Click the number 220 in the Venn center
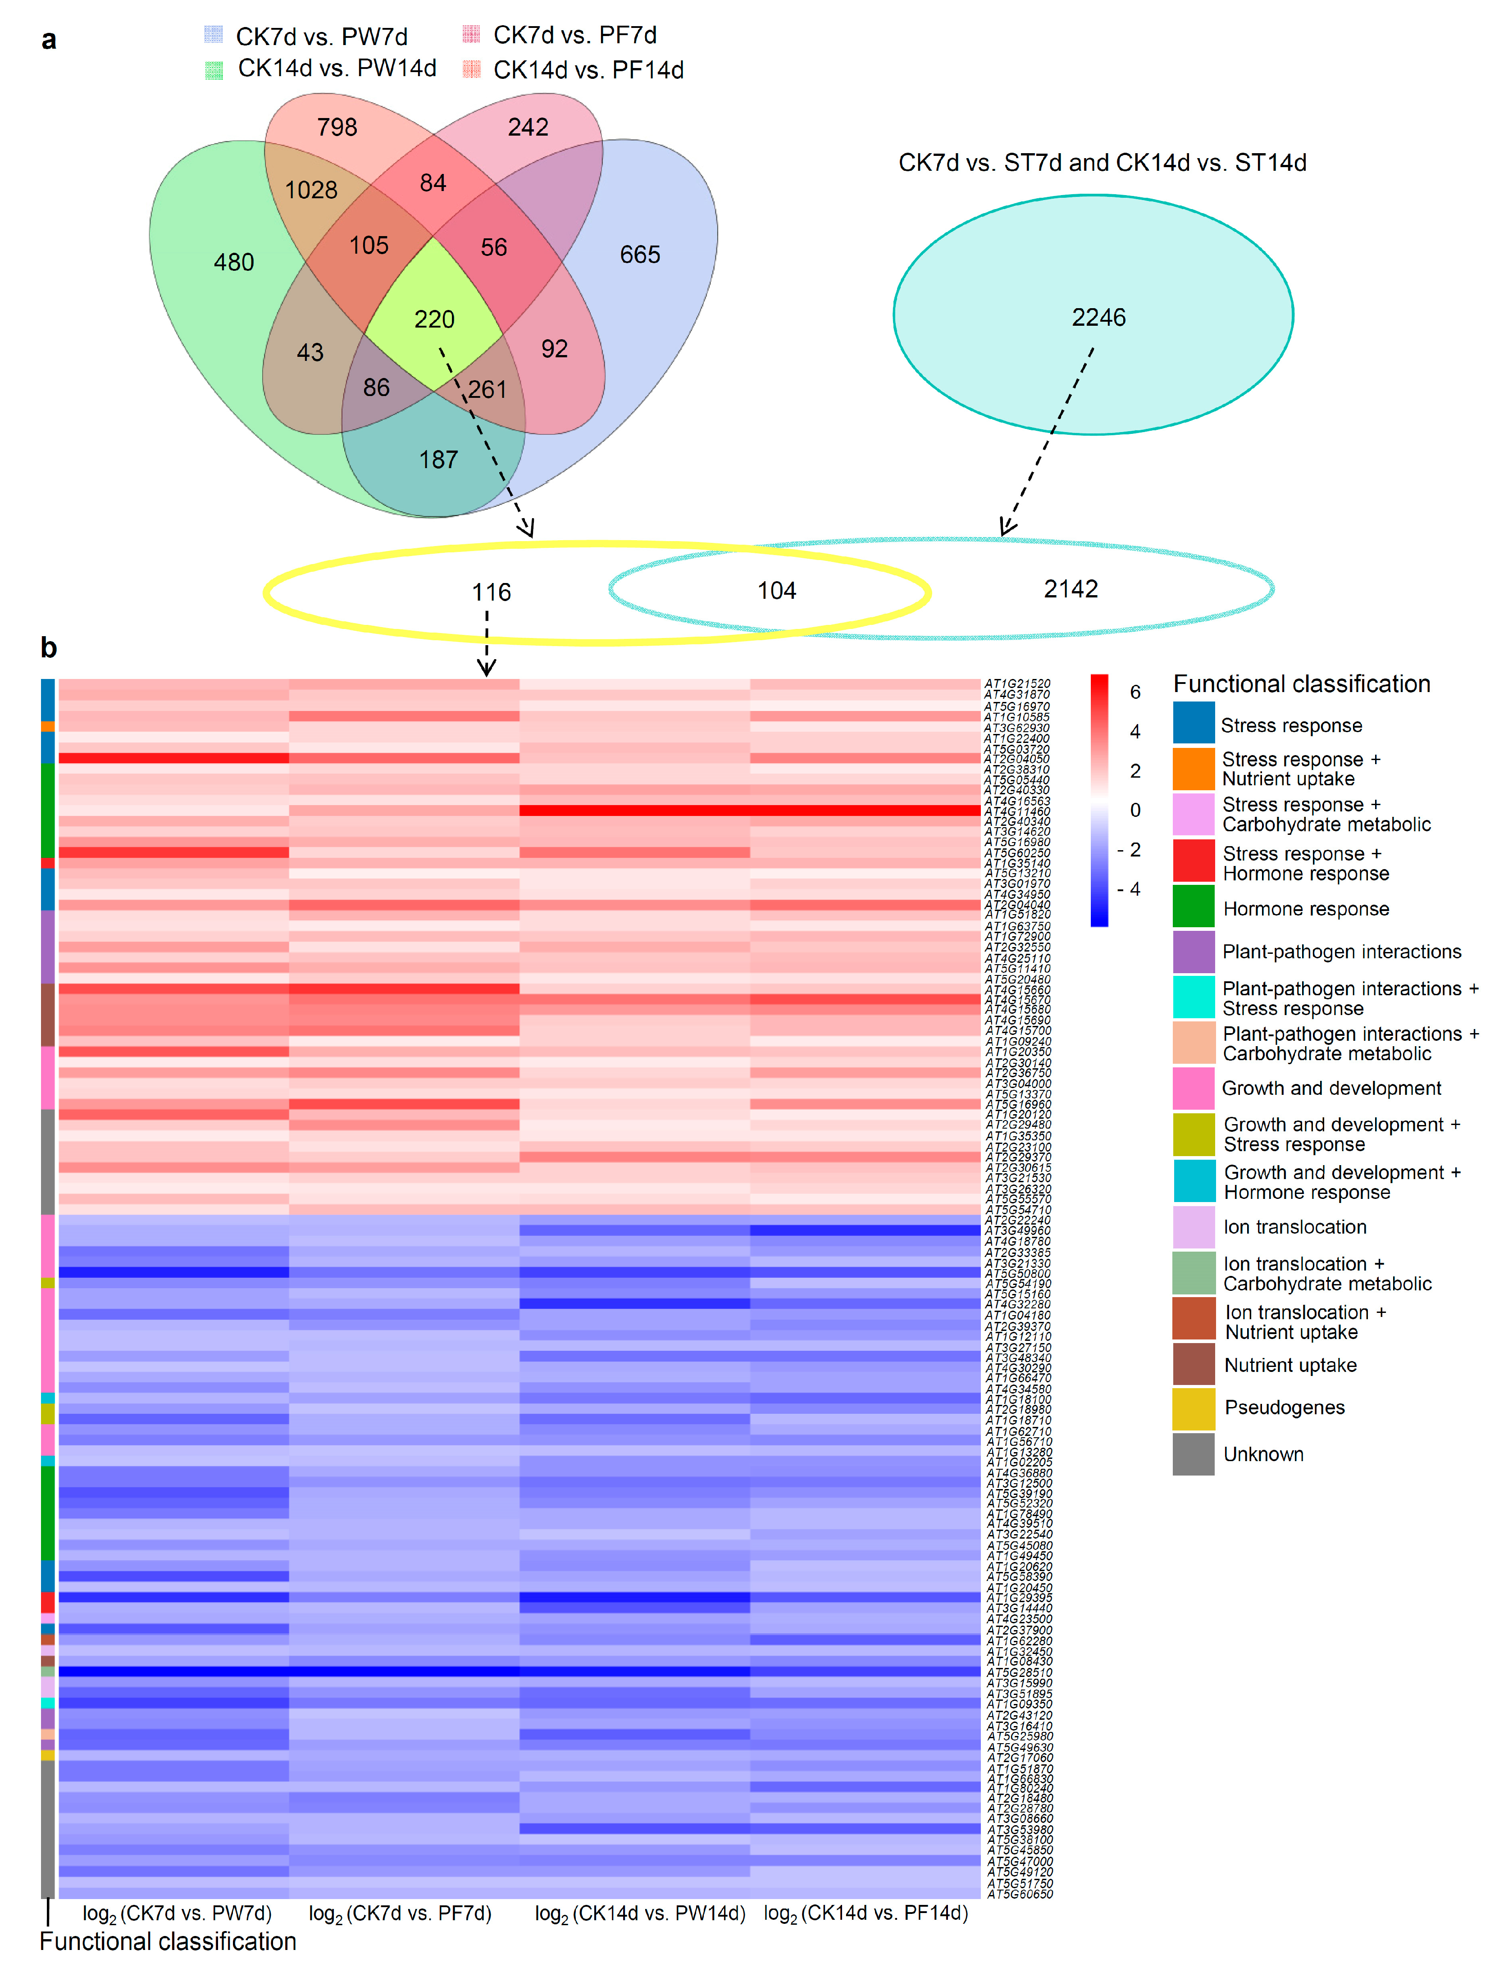tap(434, 319)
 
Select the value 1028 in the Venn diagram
tap(311, 190)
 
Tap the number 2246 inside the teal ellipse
tap(1098, 317)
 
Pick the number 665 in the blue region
tap(640, 255)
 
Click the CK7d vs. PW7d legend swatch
tap(213, 35)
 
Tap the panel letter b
tap(48, 648)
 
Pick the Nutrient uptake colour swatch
tap(1194, 1364)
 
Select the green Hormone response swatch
tap(1194, 906)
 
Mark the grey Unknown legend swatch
tap(1194, 1454)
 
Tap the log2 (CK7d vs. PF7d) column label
tap(401, 1913)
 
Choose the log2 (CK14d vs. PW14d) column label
tap(640, 1913)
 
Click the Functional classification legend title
tap(1302, 684)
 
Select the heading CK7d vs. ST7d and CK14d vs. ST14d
tap(1102, 163)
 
